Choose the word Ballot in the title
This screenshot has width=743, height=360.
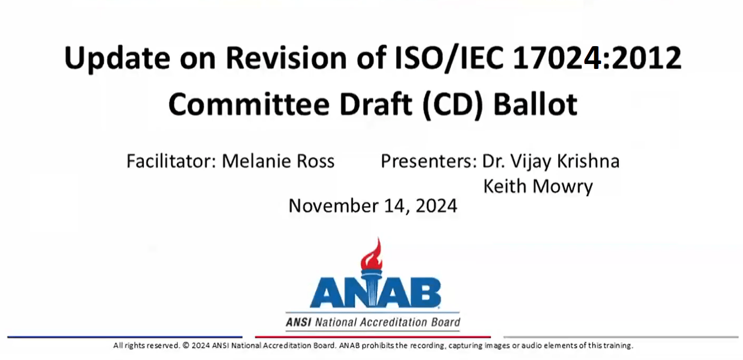pyautogui.click(x=535, y=104)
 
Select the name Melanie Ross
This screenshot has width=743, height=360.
pyautogui.click(x=278, y=161)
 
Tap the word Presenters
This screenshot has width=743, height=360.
pyautogui.click(x=428, y=161)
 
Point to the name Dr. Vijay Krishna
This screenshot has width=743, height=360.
pyautogui.click(x=551, y=161)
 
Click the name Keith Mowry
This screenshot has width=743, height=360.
pyautogui.click(x=538, y=186)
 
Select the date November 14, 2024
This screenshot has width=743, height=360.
pyautogui.click(x=373, y=206)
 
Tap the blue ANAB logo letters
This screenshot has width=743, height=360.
pyautogui.click(x=375, y=293)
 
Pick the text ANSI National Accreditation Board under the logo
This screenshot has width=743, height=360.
pyautogui.click(x=373, y=322)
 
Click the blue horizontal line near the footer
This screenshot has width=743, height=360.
pyautogui.click(x=125, y=337)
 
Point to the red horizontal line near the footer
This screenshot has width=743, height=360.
pyautogui.click(x=373, y=337)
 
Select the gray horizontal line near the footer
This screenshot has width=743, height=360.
pyautogui.click(x=621, y=337)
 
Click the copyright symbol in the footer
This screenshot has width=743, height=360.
pyautogui.click(x=186, y=346)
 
